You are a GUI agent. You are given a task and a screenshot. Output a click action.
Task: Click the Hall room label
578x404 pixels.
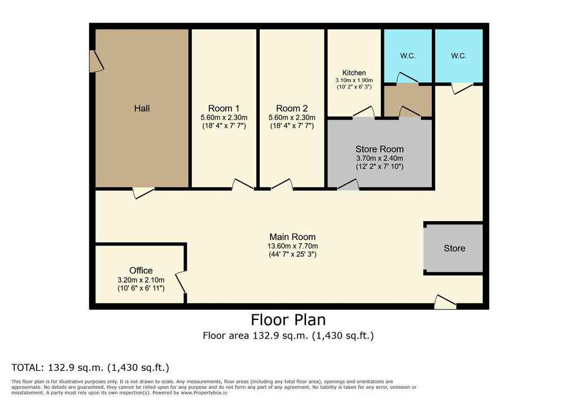point(142,108)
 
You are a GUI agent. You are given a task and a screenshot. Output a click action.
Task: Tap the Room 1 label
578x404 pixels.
point(224,108)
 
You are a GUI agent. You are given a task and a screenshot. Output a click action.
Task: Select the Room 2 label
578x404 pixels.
point(291,108)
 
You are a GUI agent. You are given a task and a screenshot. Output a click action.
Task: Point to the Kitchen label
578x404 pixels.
point(354,73)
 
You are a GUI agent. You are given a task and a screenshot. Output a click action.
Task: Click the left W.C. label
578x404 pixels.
point(408,56)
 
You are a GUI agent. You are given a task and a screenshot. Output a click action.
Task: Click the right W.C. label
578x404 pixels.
point(458,56)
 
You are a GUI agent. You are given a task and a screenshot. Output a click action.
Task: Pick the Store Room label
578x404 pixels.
point(379,150)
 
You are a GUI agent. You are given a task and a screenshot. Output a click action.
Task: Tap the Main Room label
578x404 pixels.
point(292,237)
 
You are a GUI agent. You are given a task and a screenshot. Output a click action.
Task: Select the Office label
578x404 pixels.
point(141,271)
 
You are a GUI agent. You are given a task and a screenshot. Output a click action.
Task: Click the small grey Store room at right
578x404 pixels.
point(454,248)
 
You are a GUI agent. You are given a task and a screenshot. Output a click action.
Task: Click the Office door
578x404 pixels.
point(181,282)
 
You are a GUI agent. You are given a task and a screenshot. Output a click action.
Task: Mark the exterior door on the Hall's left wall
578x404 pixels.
point(95,61)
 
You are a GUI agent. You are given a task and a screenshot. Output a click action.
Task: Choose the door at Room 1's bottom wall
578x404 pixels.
point(242,184)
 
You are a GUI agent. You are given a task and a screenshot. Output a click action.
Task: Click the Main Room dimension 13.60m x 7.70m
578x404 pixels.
point(292,246)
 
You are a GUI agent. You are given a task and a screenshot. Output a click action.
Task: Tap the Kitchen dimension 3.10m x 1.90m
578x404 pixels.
point(354,81)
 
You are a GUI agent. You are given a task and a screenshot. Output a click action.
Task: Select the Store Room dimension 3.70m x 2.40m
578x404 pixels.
point(379,159)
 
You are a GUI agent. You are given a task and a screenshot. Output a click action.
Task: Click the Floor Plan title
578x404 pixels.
point(288,320)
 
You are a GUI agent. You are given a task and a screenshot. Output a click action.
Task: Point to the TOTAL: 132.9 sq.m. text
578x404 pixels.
point(90,368)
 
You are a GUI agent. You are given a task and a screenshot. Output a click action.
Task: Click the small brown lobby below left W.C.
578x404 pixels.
point(408,101)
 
